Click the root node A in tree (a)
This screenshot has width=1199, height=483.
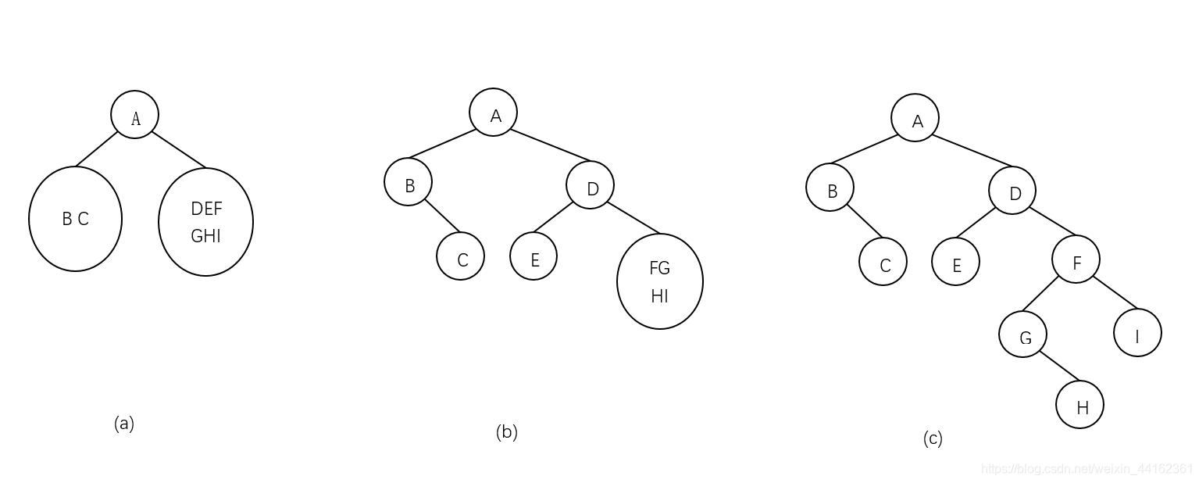pos(134,115)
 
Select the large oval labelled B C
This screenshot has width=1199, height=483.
pos(75,219)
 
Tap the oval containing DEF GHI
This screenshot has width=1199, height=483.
pos(205,222)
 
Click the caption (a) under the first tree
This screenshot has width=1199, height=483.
pos(124,424)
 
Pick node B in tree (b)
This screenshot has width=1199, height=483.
pos(408,182)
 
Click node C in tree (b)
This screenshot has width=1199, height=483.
pos(460,256)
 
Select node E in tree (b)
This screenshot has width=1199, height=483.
pos(533,256)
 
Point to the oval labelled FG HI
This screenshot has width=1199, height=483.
pos(659,281)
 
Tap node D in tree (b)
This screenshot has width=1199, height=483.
pos(590,185)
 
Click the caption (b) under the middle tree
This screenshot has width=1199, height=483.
pos(506,431)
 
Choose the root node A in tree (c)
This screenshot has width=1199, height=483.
pos(915,118)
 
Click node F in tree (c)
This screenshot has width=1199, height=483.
pos(1076,259)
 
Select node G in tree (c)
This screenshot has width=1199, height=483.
pos(1022,334)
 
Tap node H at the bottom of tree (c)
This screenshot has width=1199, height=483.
pos(1079,405)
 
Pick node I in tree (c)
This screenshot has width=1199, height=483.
pos(1137,333)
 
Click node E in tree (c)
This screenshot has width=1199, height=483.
pos(955,261)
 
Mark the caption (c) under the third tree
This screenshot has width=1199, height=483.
pos(933,438)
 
